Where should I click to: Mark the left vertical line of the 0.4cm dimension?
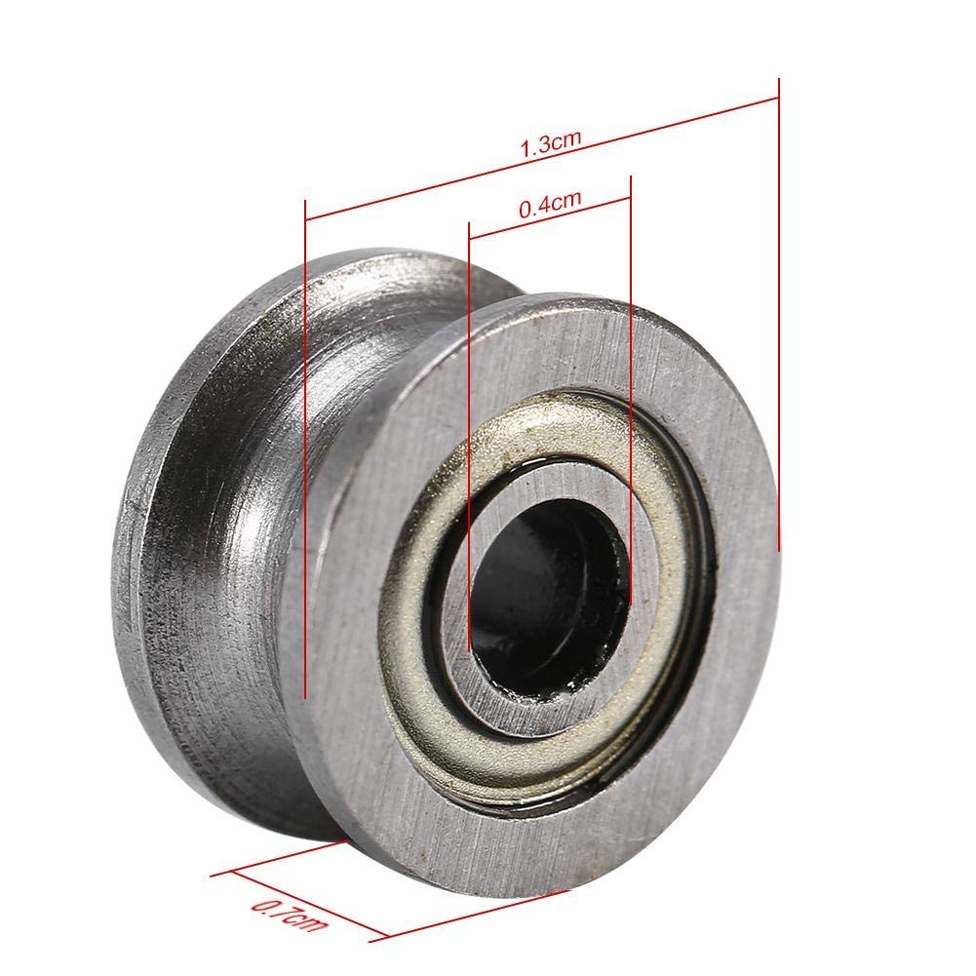click(x=469, y=439)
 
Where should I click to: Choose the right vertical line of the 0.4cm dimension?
click(x=632, y=390)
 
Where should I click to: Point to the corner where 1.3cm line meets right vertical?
click(x=779, y=96)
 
